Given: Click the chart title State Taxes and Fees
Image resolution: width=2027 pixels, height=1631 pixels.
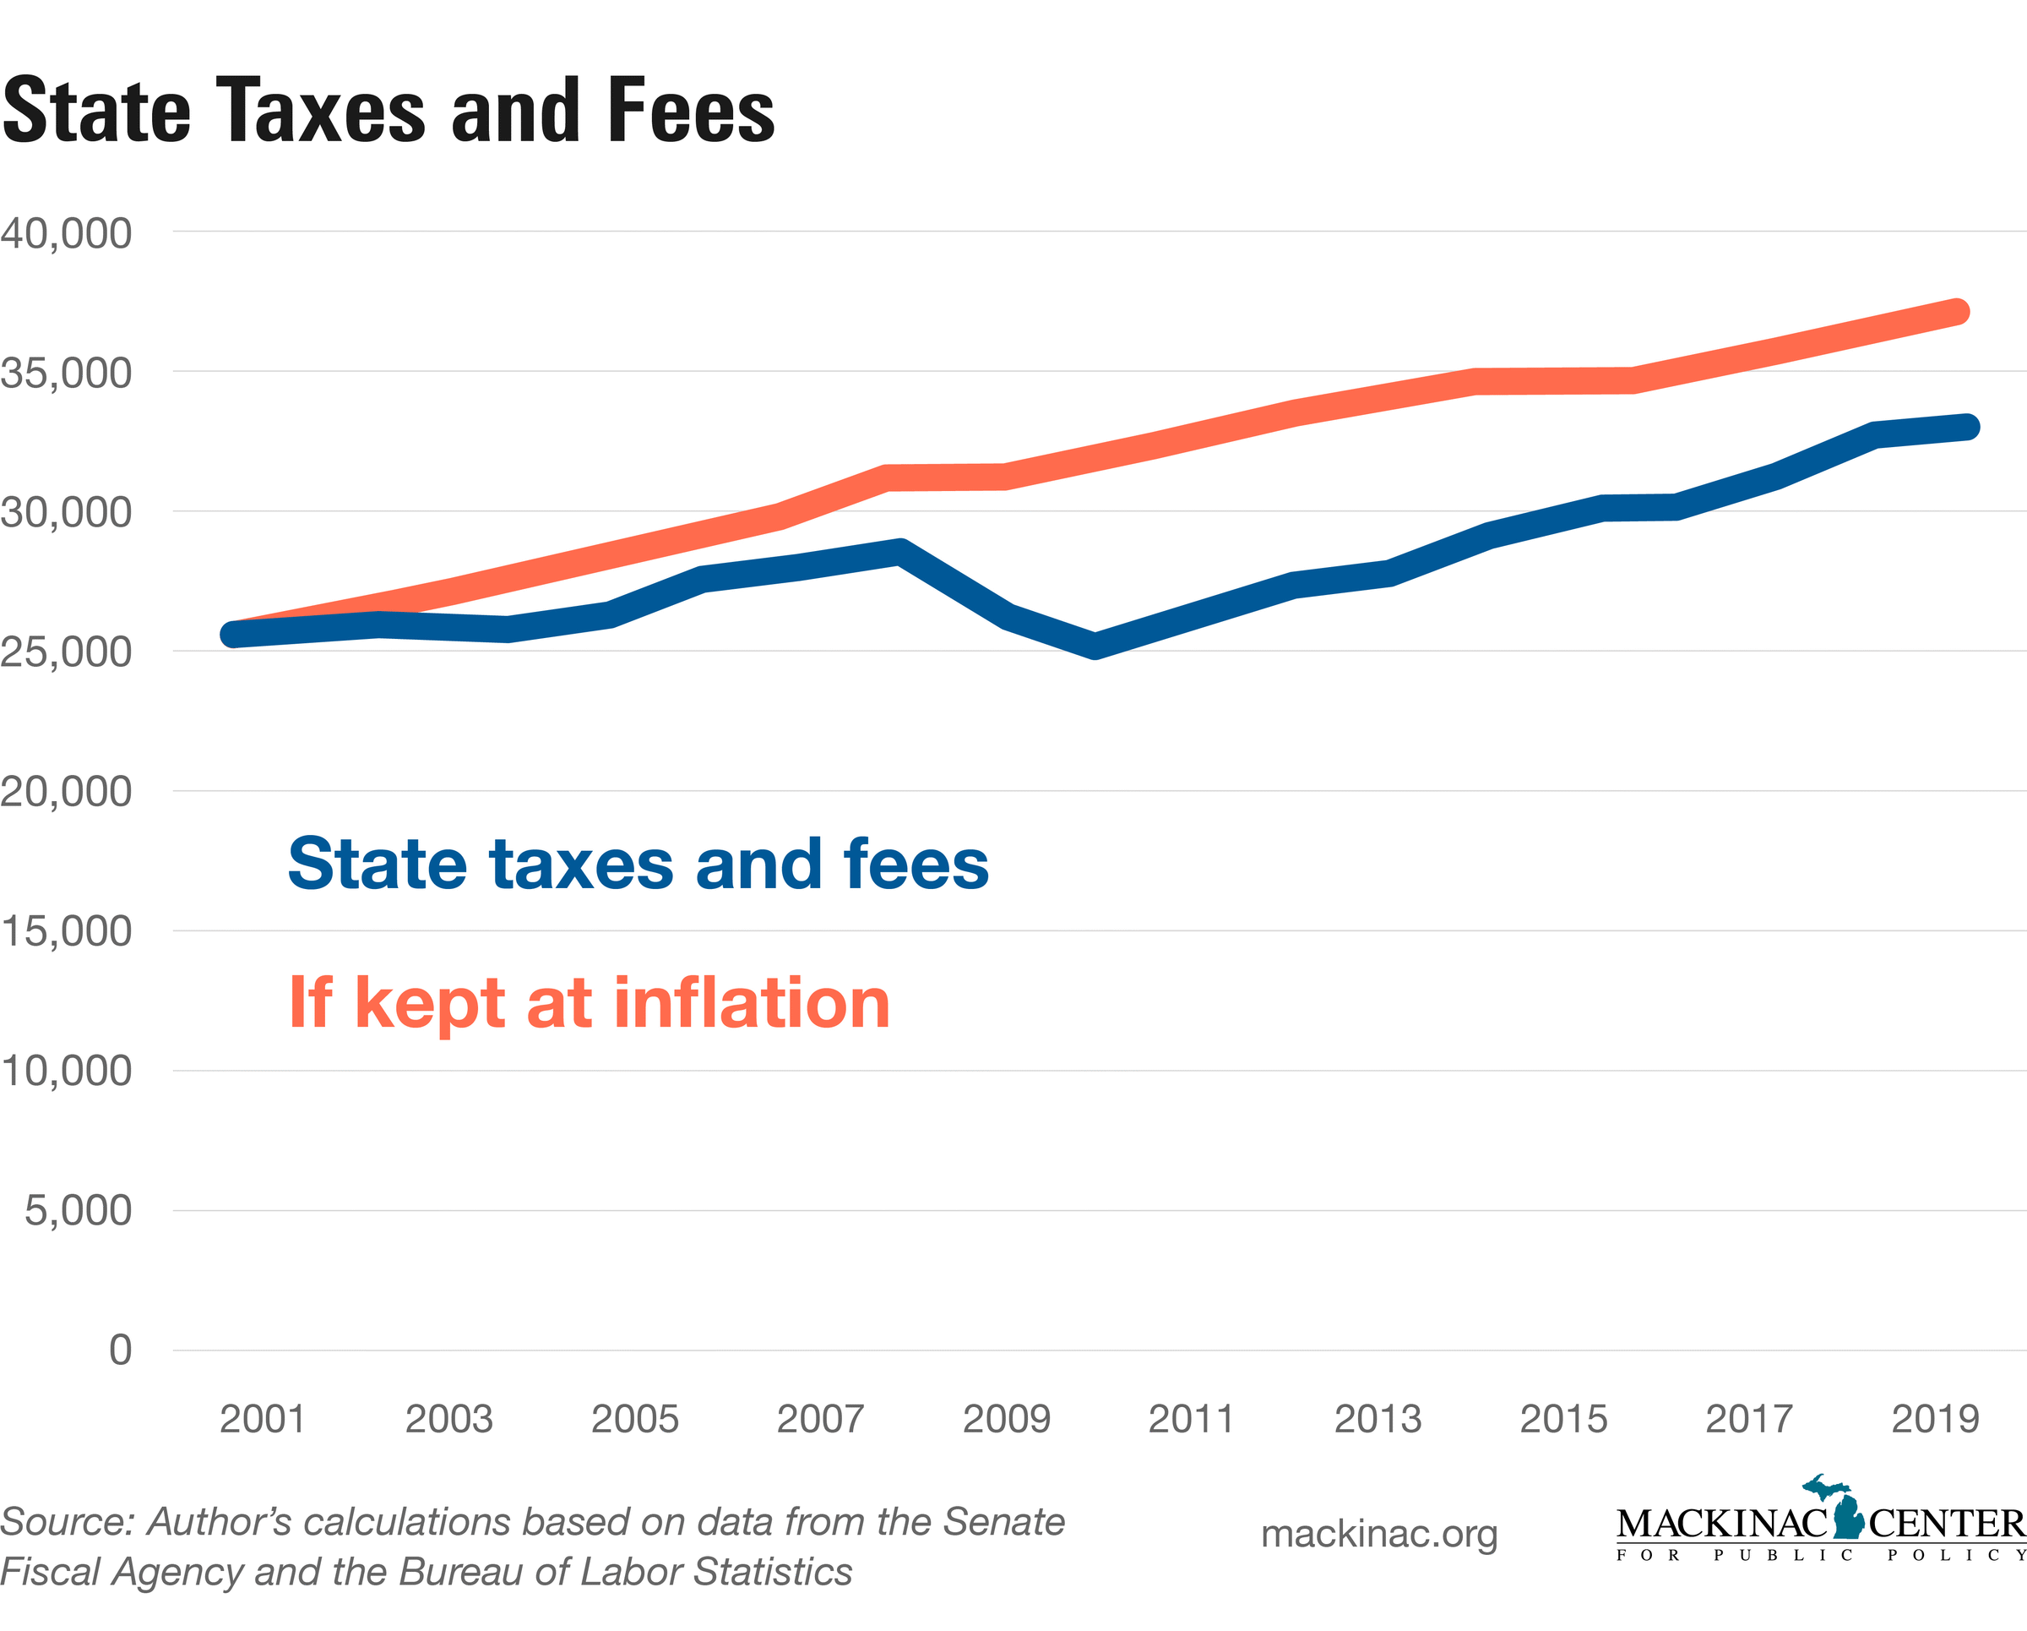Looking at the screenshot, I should click(389, 111).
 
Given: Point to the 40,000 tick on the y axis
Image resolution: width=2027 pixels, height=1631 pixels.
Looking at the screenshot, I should click(66, 233).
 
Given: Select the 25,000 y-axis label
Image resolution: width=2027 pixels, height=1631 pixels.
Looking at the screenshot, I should click(66, 652).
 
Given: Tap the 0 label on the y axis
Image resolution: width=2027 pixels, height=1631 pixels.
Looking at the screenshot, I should click(119, 1350).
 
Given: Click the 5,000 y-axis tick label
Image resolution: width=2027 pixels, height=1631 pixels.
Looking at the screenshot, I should click(78, 1209).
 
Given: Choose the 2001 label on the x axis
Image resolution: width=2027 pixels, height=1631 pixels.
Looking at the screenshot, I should click(263, 1418).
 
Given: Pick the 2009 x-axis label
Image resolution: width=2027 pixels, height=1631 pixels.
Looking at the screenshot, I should click(1006, 1418).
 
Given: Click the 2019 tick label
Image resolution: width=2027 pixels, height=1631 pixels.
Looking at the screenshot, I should click(1935, 1418).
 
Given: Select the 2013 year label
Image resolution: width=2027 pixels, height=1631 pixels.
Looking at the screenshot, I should click(1378, 1418).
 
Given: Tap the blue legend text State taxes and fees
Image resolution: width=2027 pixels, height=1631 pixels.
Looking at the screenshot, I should click(639, 864).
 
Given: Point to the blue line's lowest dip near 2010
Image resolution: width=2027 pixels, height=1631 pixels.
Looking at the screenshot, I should click(1095, 646).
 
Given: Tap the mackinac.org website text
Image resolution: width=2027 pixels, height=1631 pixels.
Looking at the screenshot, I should click(1378, 1534).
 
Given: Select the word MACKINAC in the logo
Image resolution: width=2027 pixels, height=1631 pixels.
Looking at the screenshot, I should click(1721, 1524).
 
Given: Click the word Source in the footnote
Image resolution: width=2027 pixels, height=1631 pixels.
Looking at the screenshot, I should click(67, 1522).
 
